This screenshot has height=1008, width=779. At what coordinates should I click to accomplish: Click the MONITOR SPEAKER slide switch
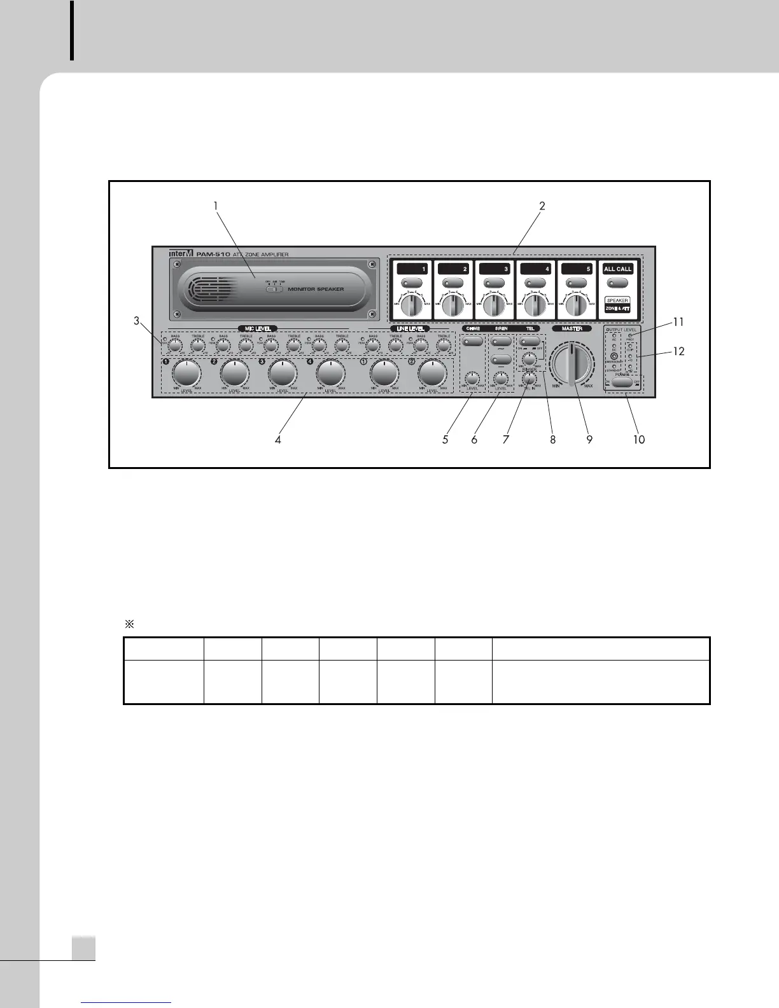click(x=274, y=290)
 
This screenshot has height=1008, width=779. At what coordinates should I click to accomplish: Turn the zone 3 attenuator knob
click(x=494, y=305)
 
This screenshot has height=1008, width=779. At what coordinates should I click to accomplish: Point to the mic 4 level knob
click(x=331, y=373)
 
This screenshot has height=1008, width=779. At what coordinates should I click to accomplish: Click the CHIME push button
click(x=472, y=342)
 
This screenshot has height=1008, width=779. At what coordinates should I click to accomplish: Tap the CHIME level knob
click(x=472, y=378)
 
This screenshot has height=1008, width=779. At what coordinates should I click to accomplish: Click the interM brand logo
click(x=180, y=254)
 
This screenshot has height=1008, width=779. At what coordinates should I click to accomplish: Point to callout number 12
click(x=679, y=351)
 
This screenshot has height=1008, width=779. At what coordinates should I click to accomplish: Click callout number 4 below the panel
click(x=278, y=439)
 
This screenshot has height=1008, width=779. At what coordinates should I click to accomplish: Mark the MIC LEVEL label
click(x=258, y=329)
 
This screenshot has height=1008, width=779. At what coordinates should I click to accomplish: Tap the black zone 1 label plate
click(x=412, y=269)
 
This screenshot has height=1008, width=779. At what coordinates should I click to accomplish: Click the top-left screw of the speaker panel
click(x=178, y=265)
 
